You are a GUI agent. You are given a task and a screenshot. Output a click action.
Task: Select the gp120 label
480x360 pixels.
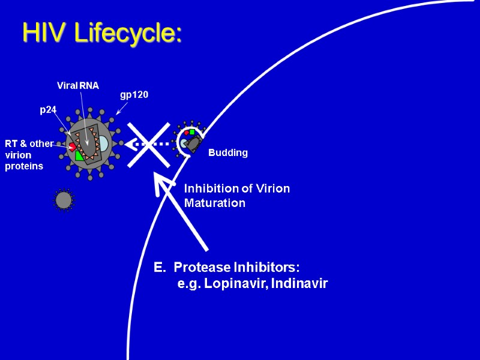(x=134, y=95)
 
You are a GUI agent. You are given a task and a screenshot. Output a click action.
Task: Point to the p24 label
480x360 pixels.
(x=48, y=110)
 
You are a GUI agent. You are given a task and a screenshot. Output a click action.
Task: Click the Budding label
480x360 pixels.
(x=228, y=153)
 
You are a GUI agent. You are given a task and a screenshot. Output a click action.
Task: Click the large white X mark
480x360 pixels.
(x=148, y=144)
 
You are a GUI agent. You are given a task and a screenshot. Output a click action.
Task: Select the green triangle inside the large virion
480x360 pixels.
(x=80, y=155)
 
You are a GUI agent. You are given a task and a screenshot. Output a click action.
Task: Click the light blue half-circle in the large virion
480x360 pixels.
(x=104, y=144)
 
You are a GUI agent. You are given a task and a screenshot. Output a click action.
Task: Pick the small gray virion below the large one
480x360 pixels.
(x=64, y=200)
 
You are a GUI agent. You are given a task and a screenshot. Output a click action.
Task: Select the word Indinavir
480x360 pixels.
(x=299, y=283)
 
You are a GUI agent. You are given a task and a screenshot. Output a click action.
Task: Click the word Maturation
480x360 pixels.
(x=215, y=203)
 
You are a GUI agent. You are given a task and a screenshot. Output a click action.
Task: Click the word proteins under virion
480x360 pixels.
(x=24, y=166)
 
